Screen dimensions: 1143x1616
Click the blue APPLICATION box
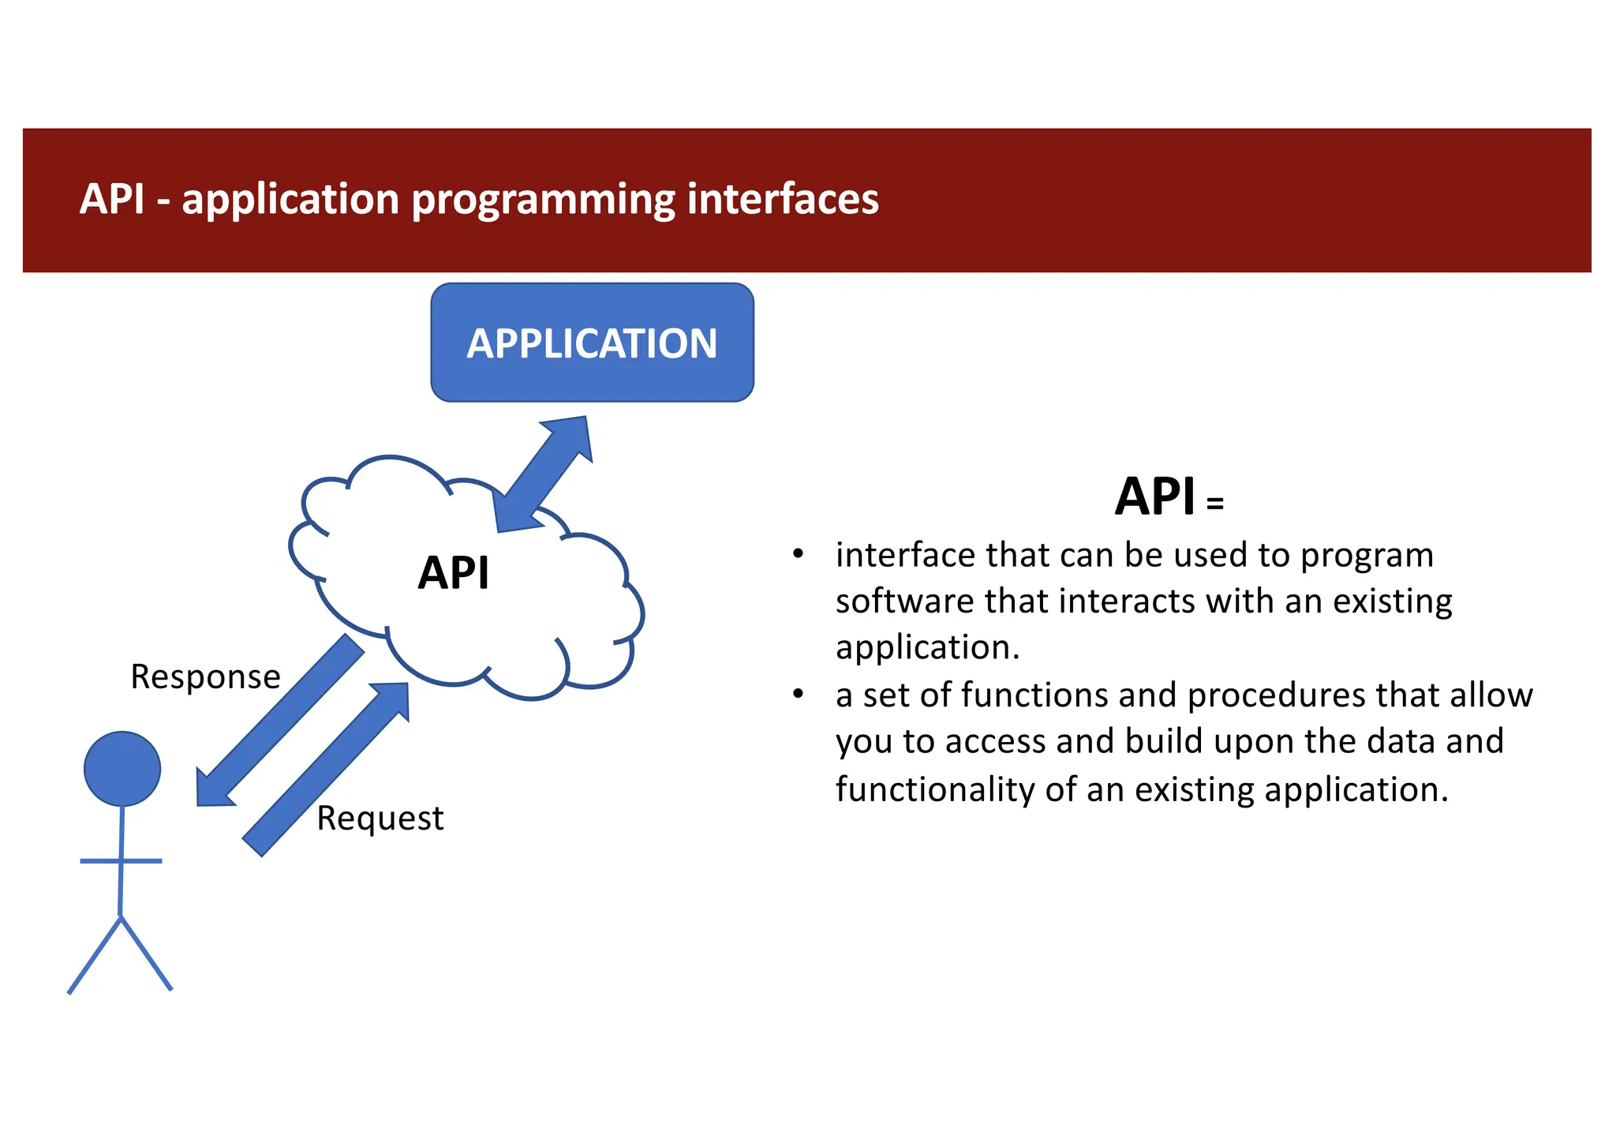point(592,343)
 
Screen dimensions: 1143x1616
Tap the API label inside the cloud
point(454,573)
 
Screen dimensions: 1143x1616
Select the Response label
point(205,677)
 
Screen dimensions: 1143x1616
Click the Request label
point(380,819)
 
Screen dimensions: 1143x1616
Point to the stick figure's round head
point(122,769)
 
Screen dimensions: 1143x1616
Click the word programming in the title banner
point(544,199)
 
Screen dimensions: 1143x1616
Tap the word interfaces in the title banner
point(782,199)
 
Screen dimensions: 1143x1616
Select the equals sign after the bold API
point(1215,504)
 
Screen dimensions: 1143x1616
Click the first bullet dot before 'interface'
point(798,554)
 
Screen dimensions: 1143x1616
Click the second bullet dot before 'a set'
point(798,694)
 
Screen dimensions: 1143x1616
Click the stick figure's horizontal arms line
point(121,860)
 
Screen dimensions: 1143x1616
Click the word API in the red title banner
point(112,199)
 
